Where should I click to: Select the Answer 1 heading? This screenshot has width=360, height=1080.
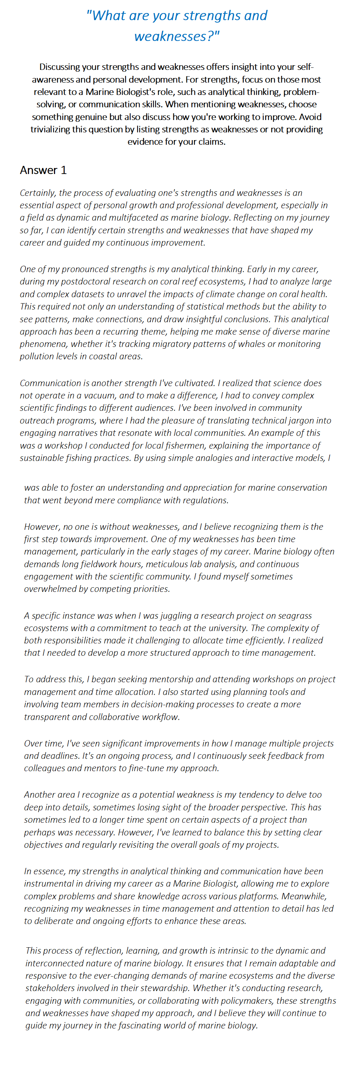[x=43, y=170]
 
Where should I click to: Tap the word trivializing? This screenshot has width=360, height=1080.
[x=51, y=129]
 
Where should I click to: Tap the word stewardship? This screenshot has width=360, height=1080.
[x=163, y=988]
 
